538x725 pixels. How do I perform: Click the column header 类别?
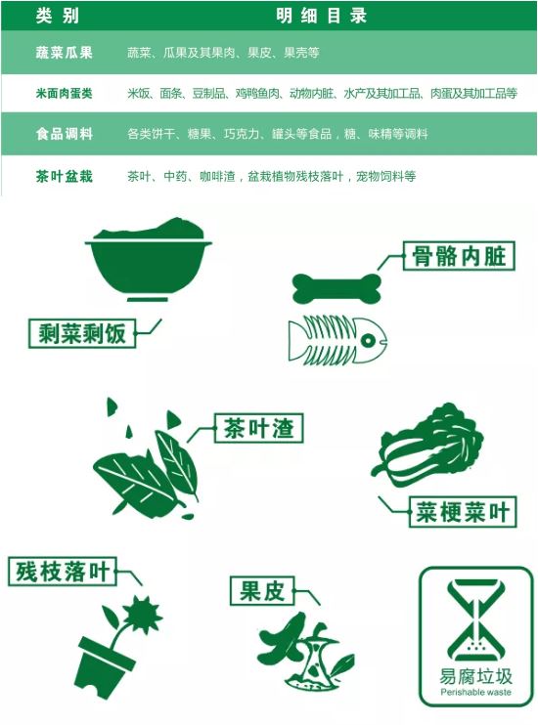tap(58, 16)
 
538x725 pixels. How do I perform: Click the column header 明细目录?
tap(321, 16)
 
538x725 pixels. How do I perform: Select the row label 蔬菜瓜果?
tap(64, 52)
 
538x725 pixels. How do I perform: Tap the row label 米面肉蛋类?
tap(64, 94)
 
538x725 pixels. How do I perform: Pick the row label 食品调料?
tap(64, 134)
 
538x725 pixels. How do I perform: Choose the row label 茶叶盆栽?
tap(64, 176)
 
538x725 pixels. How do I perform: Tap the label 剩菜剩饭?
tap(82, 333)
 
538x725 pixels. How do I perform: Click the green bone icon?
tap(337, 288)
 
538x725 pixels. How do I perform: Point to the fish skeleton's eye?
tap(368, 341)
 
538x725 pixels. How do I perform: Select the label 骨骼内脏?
tap(459, 256)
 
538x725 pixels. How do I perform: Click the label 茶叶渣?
tap(258, 428)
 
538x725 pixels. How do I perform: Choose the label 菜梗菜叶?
tap(463, 512)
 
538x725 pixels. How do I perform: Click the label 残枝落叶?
tap(62, 572)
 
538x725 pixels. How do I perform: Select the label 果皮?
tap(262, 590)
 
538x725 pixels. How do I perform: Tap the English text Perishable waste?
tap(476, 692)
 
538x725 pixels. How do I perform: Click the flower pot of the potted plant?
tap(103, 665)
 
